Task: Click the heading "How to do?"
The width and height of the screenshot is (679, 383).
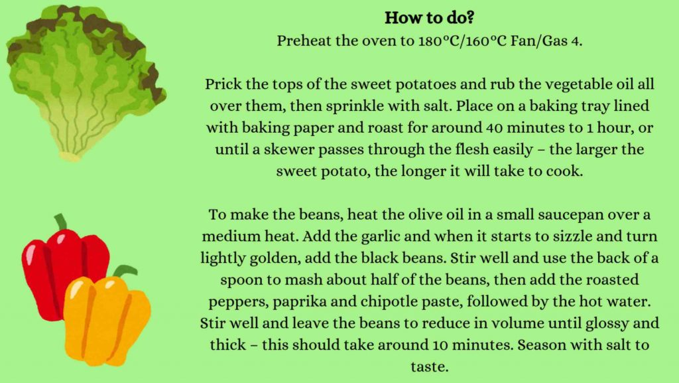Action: tap(429, 18)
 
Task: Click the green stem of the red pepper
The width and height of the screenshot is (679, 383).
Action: tap(60, 222)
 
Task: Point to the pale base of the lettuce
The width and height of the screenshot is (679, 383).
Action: tap(70, 156)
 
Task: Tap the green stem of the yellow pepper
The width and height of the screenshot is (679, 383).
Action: tap(123, 271)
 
